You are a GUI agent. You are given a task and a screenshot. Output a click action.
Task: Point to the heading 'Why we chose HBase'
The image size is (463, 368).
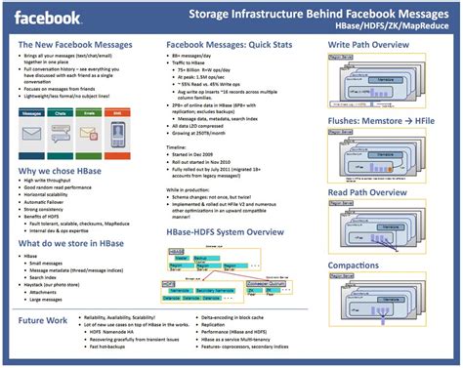click(61, 173)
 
